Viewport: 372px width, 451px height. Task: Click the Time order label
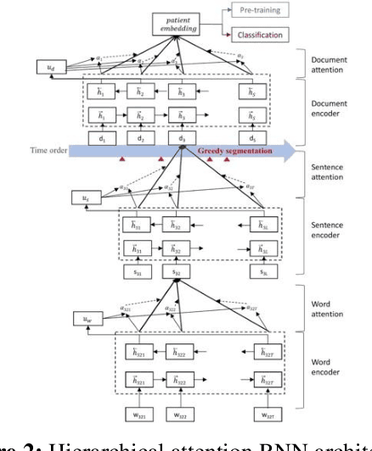[x=41, y=151]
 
